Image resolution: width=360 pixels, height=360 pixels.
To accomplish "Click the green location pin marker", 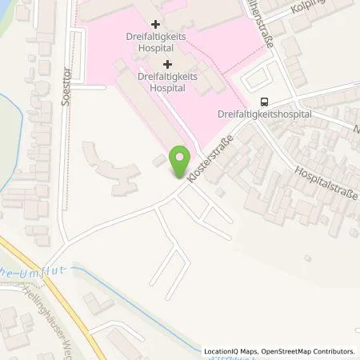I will pyautogui.click(x=179, y=156).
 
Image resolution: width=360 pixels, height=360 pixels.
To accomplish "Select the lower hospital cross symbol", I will pyautogui.click(x=167, y=64).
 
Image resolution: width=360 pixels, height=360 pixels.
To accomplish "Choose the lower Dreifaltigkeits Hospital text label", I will pyautogui.click(x=167, y=82).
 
